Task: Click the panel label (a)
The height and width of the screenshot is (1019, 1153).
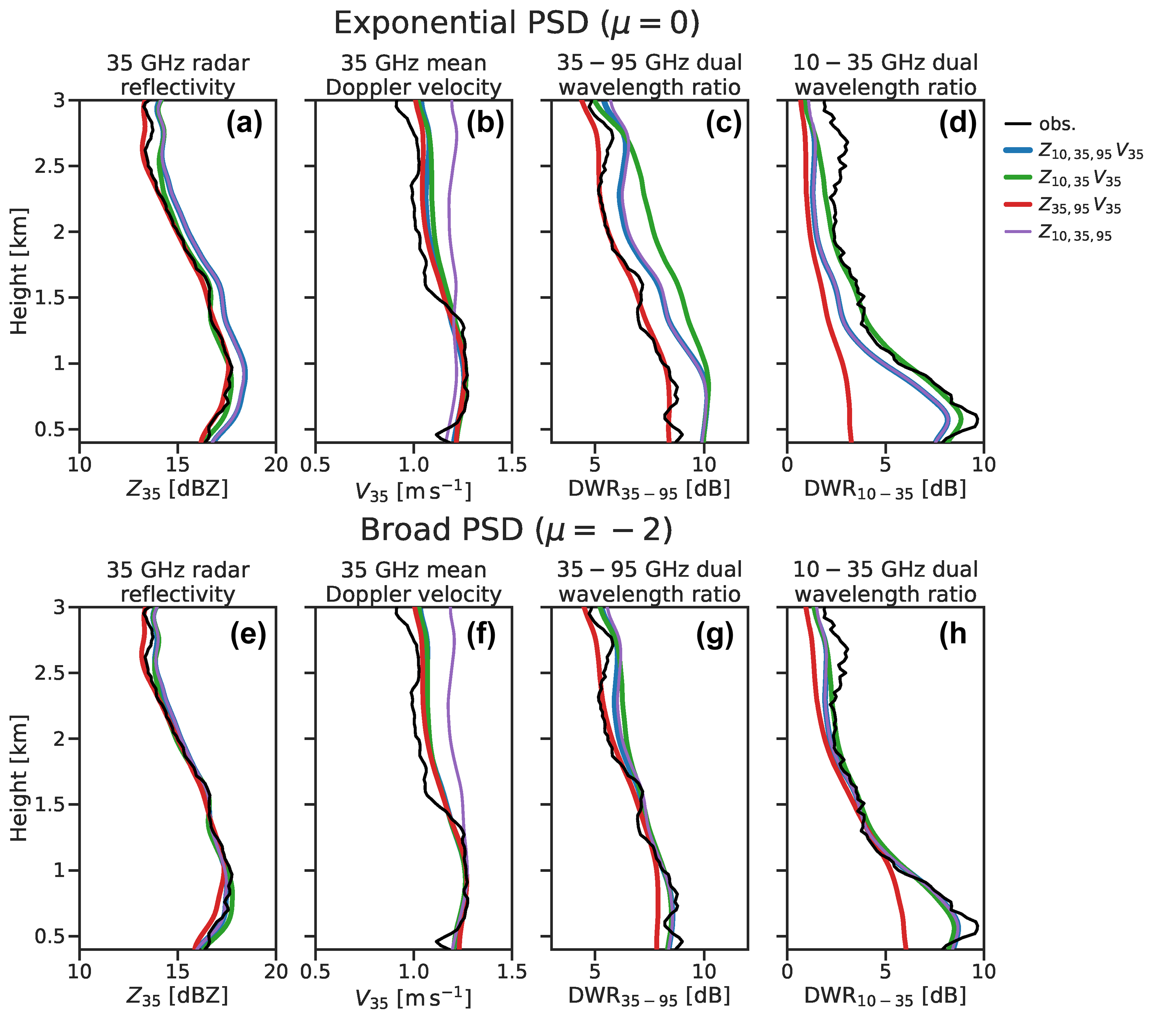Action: pyautogui.click(x=244, y=123)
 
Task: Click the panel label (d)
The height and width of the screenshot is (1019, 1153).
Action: pyautogui.click(x=957, y=123)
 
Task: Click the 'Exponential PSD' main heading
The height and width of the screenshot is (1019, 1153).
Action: pyautogui.click(x=516, y=24)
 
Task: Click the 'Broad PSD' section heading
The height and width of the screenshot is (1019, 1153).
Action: pyautogui.click(x=516, y=531)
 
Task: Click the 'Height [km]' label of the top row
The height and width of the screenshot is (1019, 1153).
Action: pyautogui.click(x=19, y=271)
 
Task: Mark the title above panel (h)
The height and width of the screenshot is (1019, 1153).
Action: pyautogui.click(x=885, y=582)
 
